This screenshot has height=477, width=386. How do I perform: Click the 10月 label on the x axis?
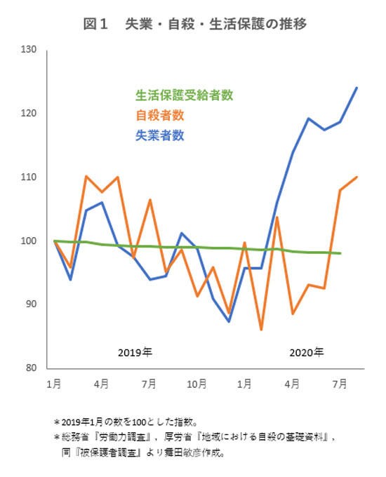click(197, 384)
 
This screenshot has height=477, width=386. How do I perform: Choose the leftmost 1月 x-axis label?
click(54, 384)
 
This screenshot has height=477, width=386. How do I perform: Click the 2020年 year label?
click(306, 351)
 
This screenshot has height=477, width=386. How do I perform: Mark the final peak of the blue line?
click(357, 88)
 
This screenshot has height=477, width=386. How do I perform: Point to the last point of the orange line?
click(357, 177)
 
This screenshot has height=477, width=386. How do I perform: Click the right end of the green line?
click(340, 253)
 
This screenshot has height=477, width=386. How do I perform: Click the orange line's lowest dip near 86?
click(261, 329)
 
